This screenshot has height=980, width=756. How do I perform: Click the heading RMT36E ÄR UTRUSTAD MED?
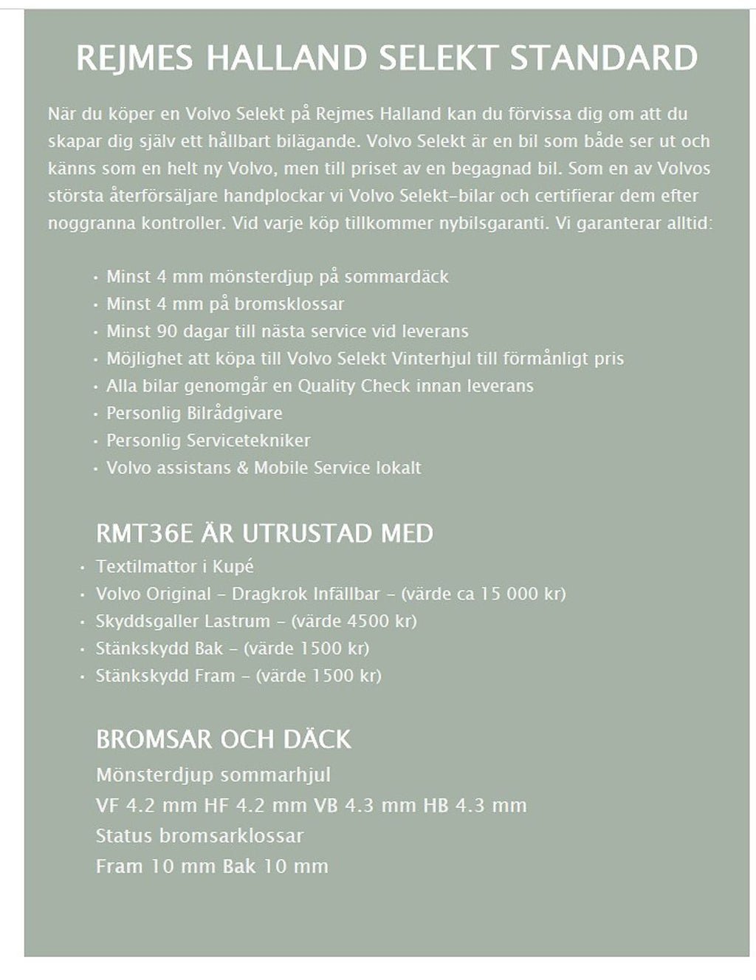point(264,532)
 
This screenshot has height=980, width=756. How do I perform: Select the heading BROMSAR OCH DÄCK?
point(224,739)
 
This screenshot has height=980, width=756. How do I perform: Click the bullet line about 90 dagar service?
point(287,331)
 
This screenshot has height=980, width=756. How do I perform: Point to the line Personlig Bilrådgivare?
point(194,413)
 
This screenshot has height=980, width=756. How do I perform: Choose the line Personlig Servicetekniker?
point(208,440)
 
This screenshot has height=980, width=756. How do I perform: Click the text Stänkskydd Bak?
point(159,648)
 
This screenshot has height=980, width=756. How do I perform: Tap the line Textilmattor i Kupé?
point(174,566)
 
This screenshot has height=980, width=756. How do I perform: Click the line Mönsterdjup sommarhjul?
point(213,775)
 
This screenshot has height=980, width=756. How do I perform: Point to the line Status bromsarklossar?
point(199,835)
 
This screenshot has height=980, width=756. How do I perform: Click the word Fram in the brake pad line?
point(118,866)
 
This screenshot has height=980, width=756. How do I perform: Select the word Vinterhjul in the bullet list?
point(433,358)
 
